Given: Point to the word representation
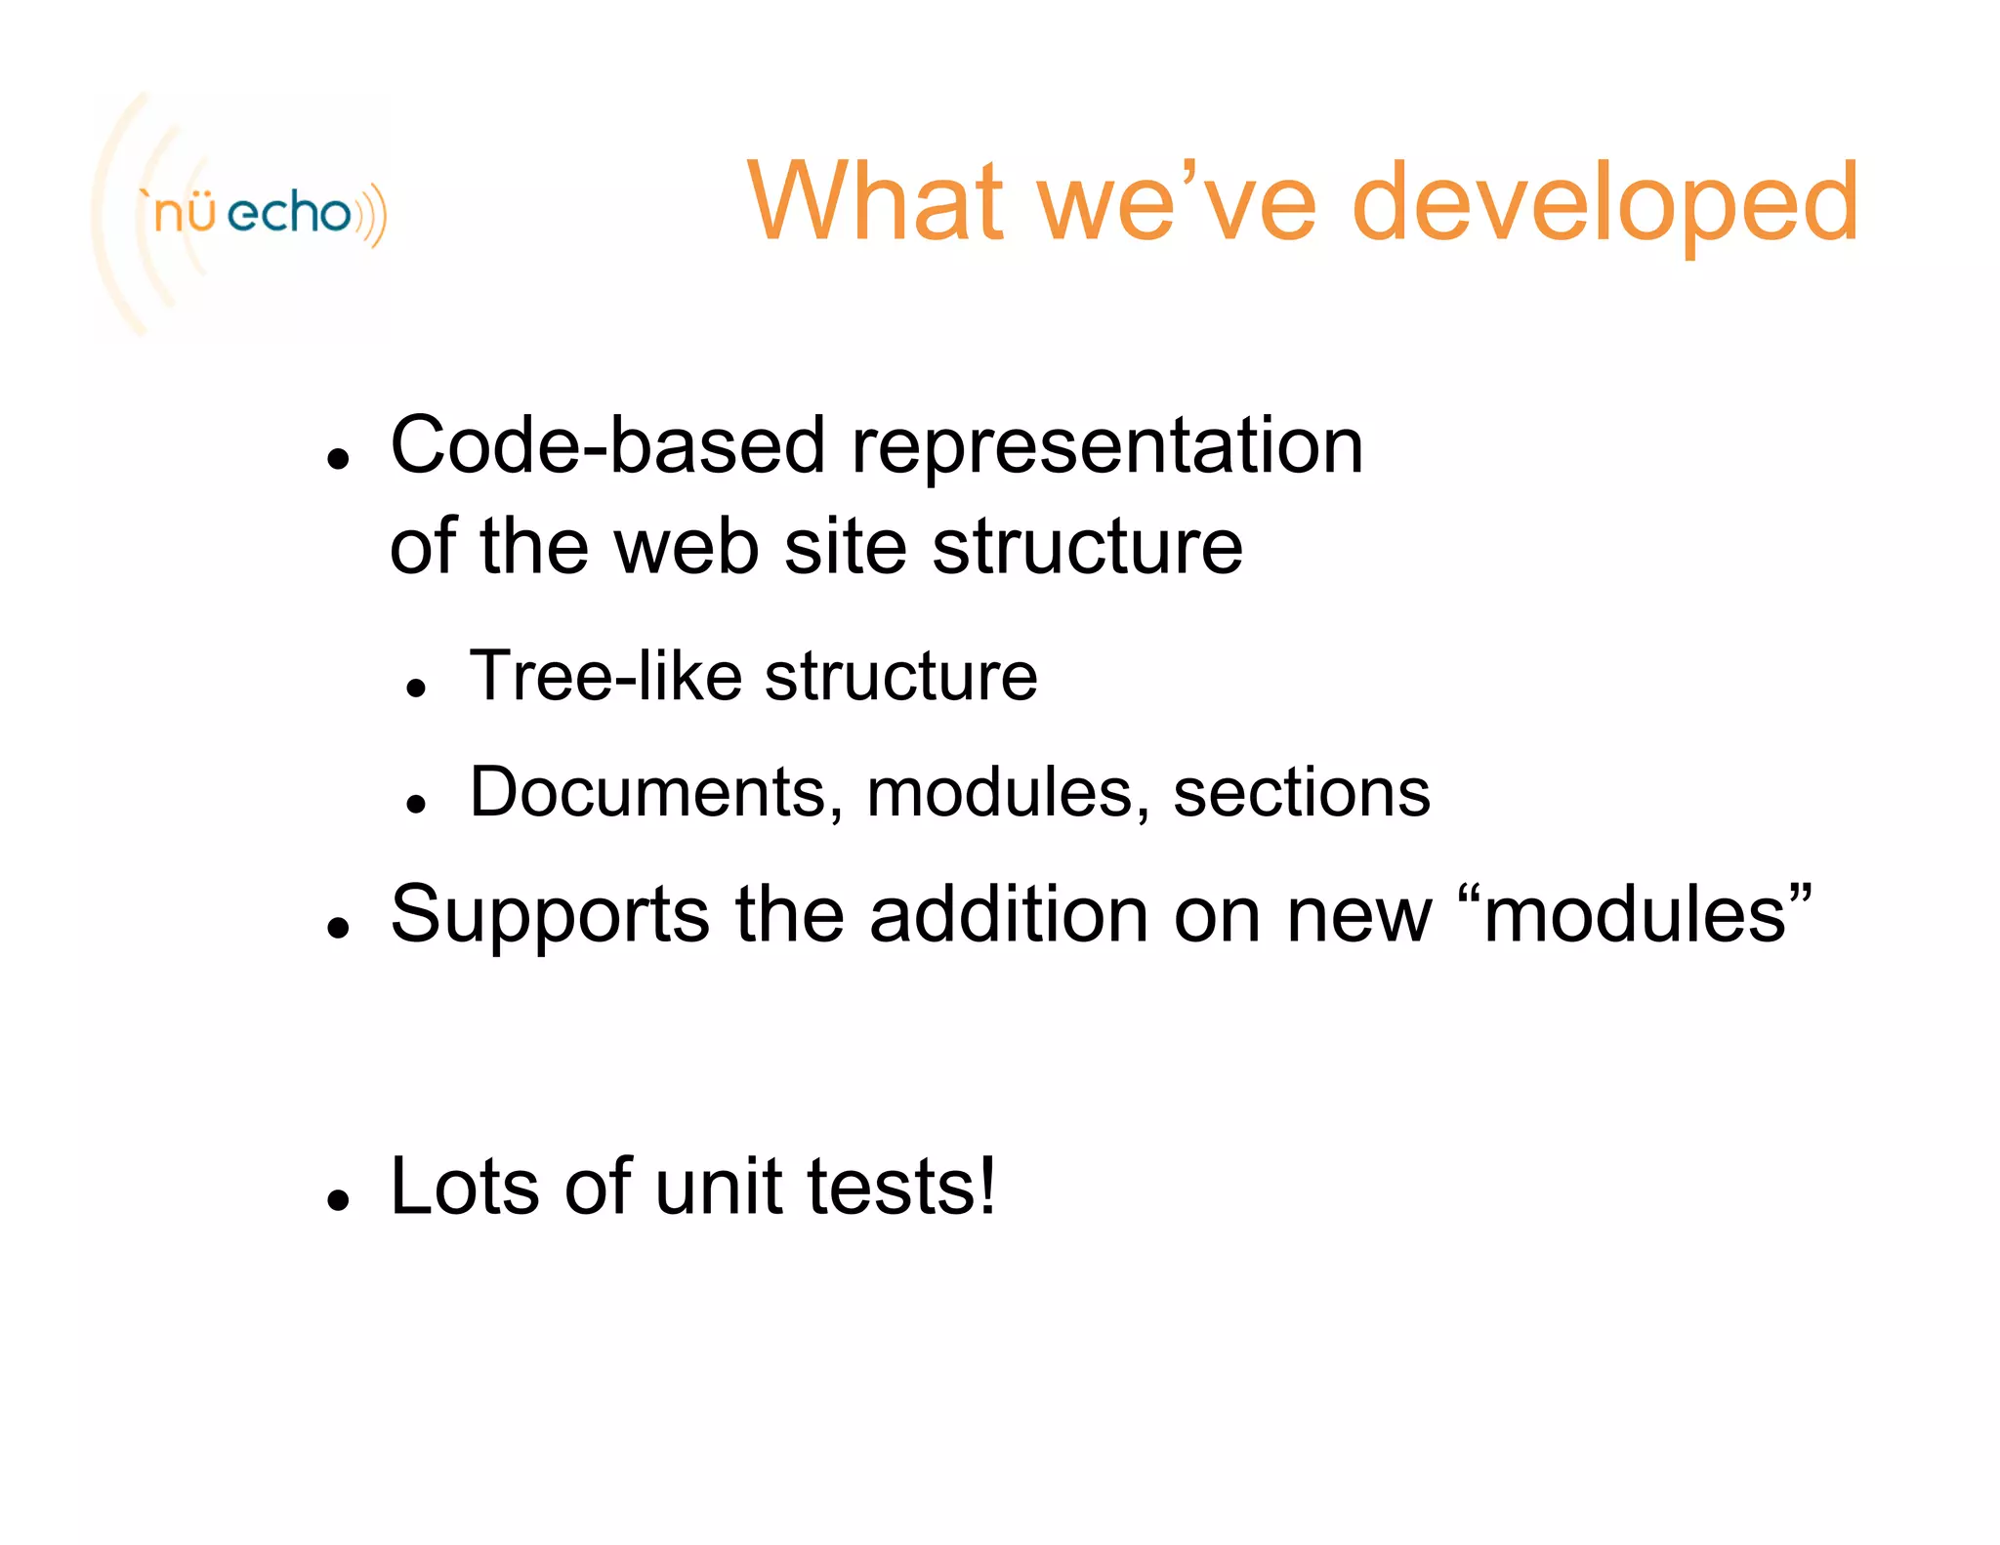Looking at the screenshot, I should tap(1106, 447).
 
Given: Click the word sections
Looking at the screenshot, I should tap(1301, 792).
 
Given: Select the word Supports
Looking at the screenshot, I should tap(550, 916).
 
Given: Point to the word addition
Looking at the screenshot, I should tap(1009, 914).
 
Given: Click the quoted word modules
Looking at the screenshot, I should tap(1635, 914).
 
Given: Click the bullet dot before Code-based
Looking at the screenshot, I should tap(339, 458).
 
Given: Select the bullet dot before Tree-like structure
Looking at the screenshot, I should tap(417, 688).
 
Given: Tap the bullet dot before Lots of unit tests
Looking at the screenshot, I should tap(339, 1199).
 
